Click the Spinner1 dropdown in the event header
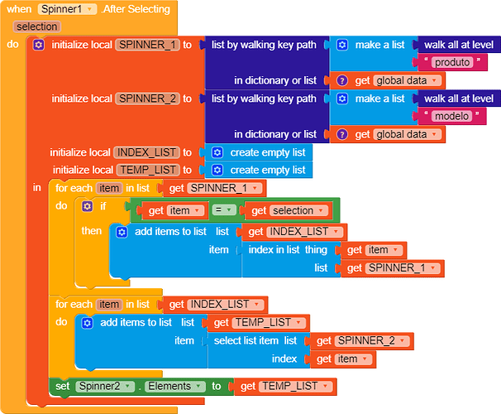(x=67, y=9)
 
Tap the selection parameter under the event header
(x=36, y=26)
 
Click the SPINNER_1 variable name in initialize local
(x=147, y=45)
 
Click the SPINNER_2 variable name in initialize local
(x=147, y=99)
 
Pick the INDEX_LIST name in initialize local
(x=146, y=152)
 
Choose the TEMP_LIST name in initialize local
(x=148, y=170)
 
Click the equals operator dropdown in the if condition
(x=224, y=210)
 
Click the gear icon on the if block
(x=88, y=206)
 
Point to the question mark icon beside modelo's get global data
(x=342, y=134)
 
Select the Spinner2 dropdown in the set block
(x=105, y=386)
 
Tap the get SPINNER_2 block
(x=362, y=341)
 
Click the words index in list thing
(x=288, y=249)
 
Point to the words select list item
(x=246, y=341)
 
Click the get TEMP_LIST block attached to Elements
(x=285, y=387)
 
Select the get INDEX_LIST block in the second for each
(x=215, y=305)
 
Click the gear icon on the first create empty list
(x=217, y=152)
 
